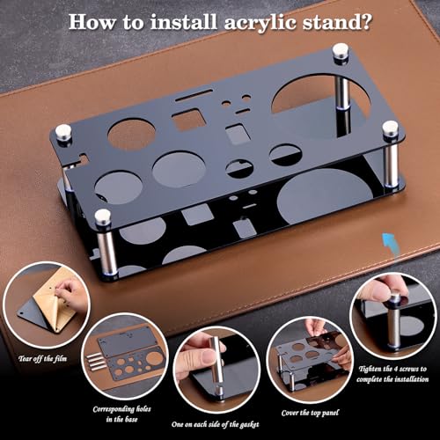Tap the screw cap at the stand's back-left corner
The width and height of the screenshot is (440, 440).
[63, 132]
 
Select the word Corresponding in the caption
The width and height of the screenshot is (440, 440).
[119, 409]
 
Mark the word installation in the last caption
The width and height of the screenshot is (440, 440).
[397, 381]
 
